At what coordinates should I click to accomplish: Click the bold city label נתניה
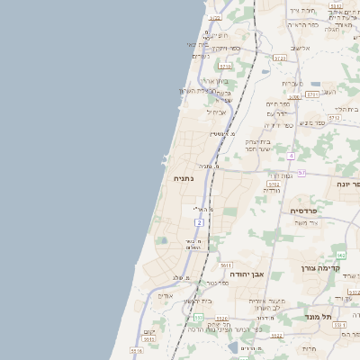pyautogui.click(x=184, y=178)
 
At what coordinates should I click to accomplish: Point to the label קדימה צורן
pyautogui.click(x=335, y=267)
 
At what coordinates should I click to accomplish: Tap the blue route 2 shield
pyautogui.click(x=199, y=221)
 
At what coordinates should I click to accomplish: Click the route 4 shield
pyautogui.click(x=292, y=156)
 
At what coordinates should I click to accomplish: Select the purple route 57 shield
pyautogui.click(x=301, y=172)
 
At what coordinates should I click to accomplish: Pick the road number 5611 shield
pyautogui.click(x=226, y=265)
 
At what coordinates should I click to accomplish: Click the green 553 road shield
pyautogui.click(x=198, y=318)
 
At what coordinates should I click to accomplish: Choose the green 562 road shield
pyautogui.click(x=341, y=256)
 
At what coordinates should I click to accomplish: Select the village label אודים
pyautogui.click(x=166, y=295)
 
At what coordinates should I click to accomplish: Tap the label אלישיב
pyautogui.click(x=300, y=49)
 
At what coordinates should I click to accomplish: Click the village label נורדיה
pyautogui.click(x=271, y=190)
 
